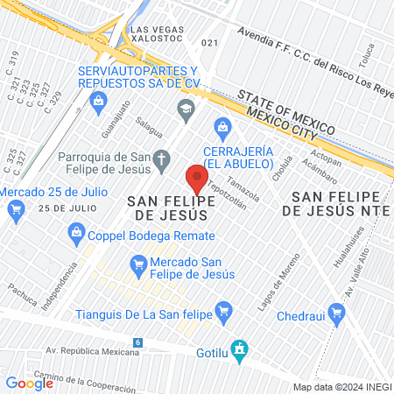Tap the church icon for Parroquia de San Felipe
point(162,158)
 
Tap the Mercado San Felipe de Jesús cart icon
point(137,263)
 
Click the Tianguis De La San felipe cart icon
point(223,309)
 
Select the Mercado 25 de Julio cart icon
point(15,209)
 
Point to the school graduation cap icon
point(185,109)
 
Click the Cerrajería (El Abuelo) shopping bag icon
point(223,127)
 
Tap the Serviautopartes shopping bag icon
point(98,102)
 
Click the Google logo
point(29,383)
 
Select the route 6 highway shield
point(137,341)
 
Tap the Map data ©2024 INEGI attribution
point(341,387)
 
